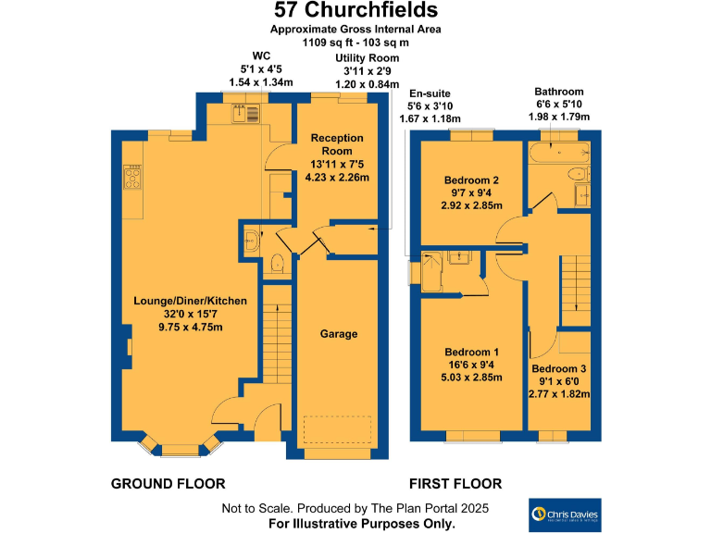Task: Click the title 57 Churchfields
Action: click(355, 11)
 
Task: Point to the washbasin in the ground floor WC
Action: click(253, 243)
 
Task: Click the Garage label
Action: click(338, 334)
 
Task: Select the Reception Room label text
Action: click(337, 144)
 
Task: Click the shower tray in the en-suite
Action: click(432, 270)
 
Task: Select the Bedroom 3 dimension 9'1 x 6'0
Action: click(558, 381)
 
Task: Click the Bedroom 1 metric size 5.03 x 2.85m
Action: click(472, 378)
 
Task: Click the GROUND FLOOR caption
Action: click(168, 484)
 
